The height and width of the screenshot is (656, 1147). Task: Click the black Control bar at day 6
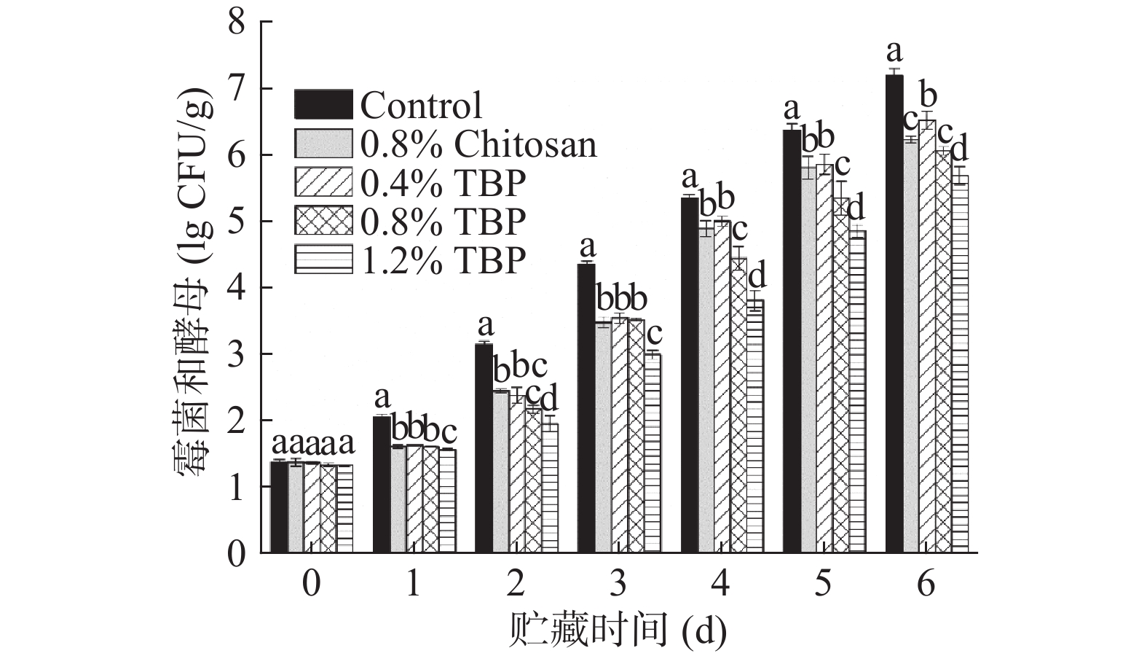coord(894,313)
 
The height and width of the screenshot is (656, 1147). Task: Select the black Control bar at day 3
coord(586,408)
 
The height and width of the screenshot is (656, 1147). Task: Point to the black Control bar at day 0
coord(278,507)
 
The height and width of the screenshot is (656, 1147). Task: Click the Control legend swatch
coord(323,104)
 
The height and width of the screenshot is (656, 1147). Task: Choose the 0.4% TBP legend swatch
coord(323,182)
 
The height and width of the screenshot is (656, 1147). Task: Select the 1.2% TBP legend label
coord(443,260)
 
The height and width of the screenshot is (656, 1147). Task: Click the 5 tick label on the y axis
coord(236,222)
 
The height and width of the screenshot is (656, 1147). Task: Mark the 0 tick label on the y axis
coord(236,554)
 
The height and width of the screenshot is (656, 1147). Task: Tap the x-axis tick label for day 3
coord(618,584)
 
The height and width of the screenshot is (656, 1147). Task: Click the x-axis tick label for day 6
coord(926,584)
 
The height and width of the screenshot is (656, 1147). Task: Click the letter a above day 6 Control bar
coord(894,51)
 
